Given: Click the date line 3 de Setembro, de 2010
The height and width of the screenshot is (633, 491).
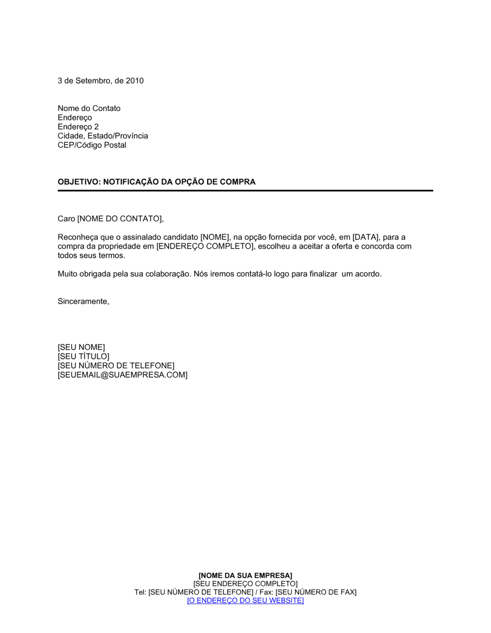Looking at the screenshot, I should pyautogui.click(x=101, y=81).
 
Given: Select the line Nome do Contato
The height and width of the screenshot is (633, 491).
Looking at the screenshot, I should pyautogui.click(x=89, y=108).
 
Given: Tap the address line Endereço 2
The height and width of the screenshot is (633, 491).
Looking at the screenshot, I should pyautogui.click(x=78, y=127).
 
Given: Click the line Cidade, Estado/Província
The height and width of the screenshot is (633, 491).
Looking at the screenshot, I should pyautogui.click(x=103, y=136).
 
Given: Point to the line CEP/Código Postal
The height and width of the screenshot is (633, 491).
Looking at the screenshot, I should pyautogui.click(x=92, y=145).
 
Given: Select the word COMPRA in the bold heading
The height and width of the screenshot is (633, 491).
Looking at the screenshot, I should pyautogui.click(x=238, y=182).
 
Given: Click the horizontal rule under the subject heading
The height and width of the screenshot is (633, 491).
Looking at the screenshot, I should pyautogui.click(x=245, y=190).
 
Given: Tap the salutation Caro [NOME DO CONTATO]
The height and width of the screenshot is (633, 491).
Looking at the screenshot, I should pyautogui.click(x=110, y=219).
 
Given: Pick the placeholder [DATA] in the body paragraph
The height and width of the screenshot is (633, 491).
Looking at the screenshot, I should pyautogui.click(x=366, y=237).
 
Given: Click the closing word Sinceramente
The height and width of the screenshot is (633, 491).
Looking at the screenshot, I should pyautogui.click(x=83, y=301).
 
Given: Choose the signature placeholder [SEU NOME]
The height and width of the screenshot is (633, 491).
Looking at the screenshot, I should pyautogui.click(x=81, y=347).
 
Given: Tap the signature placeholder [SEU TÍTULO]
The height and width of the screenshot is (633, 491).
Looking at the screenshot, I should pyautogui.click(x=83, y=357).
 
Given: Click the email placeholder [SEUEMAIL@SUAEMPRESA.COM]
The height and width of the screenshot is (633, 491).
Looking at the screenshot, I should pyautogui.click(x=122, y=375).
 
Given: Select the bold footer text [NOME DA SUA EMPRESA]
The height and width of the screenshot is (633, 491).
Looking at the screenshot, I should pyautogui.click(x=245, y=576).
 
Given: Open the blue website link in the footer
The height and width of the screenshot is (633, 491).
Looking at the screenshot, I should pyautogui.click(x=245, y=601).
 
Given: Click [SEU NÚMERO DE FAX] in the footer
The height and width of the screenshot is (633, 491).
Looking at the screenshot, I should pyautogui.click(x=316, y=592).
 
